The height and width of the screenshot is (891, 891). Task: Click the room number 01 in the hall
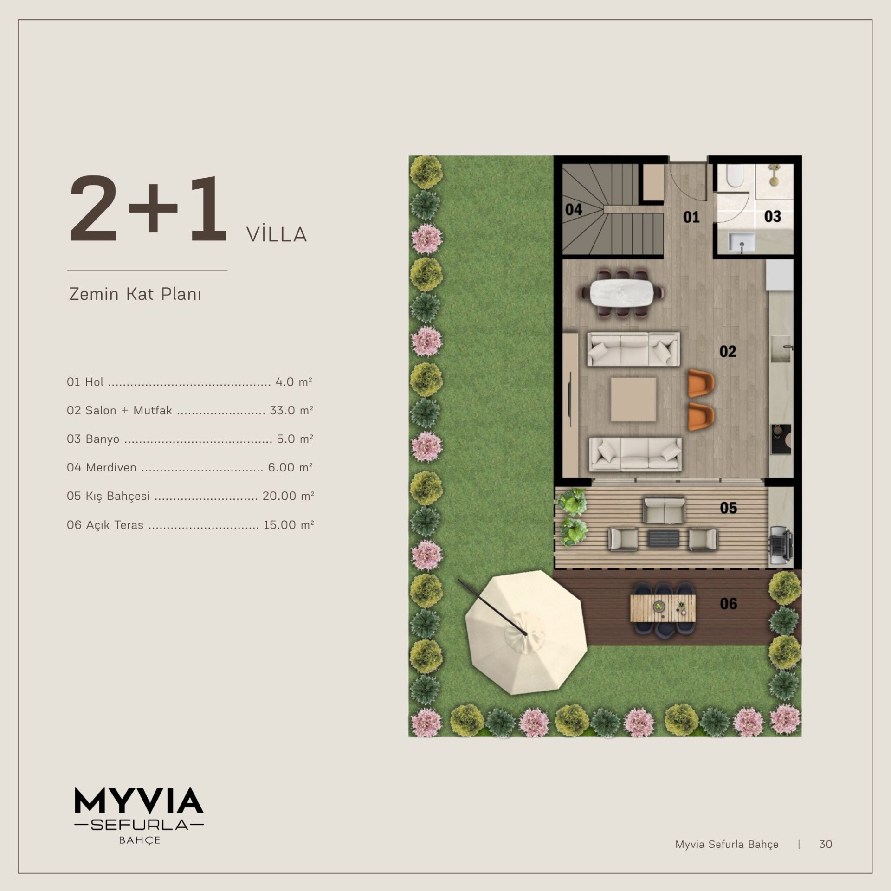[691, 217]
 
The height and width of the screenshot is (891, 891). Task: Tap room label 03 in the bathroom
[773, 216]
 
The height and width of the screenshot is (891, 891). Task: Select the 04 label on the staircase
[574, 210]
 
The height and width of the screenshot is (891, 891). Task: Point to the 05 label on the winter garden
[728, 508]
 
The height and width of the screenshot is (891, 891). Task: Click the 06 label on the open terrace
[728, 603]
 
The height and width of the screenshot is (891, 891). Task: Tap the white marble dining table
[622, 292]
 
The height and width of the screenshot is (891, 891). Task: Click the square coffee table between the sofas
[633, 399]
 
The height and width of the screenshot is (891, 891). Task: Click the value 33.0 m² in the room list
[291, 410]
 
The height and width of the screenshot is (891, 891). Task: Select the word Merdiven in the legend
[111, 467]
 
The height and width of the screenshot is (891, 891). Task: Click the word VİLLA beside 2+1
[277, 235]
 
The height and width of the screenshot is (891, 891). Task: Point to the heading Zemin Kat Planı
[135, 294]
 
